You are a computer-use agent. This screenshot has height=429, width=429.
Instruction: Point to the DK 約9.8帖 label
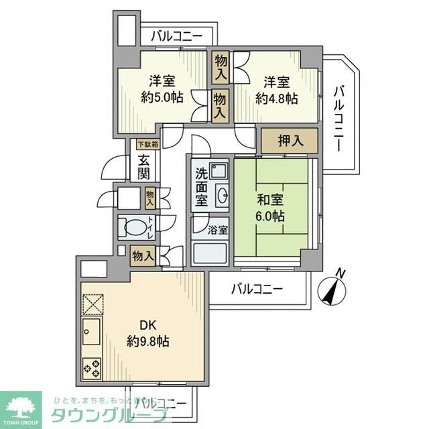point(147,333)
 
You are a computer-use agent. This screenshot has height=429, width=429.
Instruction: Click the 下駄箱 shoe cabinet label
point(147,144)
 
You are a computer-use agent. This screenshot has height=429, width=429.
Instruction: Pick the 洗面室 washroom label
point(202,188)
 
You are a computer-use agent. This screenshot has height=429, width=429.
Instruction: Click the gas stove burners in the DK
point(92,368)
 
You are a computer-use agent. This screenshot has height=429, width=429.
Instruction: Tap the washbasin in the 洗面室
point(221,196)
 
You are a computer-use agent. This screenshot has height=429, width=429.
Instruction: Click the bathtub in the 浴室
point(210,255)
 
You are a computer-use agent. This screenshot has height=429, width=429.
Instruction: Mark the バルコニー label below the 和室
point(257,290)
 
